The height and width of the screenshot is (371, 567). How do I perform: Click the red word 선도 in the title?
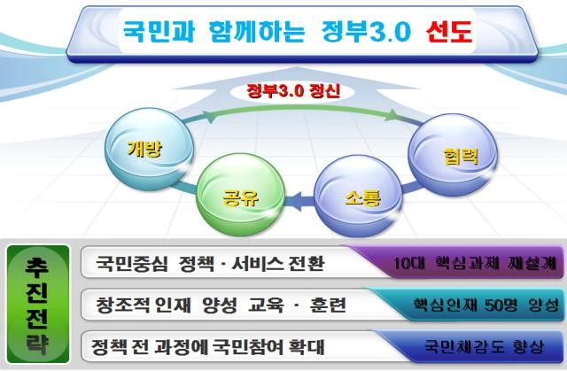449,31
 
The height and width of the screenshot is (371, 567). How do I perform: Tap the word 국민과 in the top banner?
159,31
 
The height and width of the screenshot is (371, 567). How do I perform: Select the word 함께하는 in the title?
257,31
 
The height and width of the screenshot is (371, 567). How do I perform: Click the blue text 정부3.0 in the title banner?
366,31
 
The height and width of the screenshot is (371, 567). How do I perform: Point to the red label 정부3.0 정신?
293,91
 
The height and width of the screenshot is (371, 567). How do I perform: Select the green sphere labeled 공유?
241,194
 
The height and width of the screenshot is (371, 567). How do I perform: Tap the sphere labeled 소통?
358,196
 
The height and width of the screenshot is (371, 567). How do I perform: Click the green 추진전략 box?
38,304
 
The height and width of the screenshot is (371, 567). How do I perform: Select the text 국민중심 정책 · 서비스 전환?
210,263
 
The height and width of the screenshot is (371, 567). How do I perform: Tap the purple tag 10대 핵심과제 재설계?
475,263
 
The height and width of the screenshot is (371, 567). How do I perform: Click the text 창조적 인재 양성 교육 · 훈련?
221,305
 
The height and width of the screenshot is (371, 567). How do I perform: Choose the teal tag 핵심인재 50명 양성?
486,305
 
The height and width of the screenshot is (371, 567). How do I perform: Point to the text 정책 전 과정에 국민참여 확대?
207,347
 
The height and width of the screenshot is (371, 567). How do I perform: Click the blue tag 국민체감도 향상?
484,347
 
